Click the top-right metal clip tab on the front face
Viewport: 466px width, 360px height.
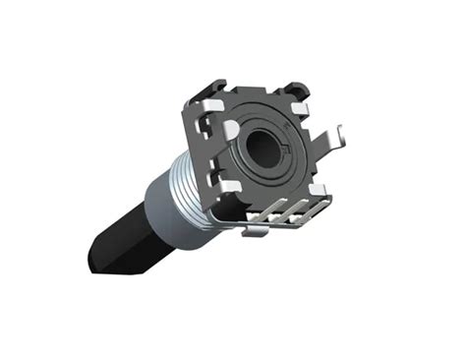pyautogui.click(x=300, y=99)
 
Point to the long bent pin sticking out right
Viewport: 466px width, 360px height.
pyautogui.click(x=328, y=148)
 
